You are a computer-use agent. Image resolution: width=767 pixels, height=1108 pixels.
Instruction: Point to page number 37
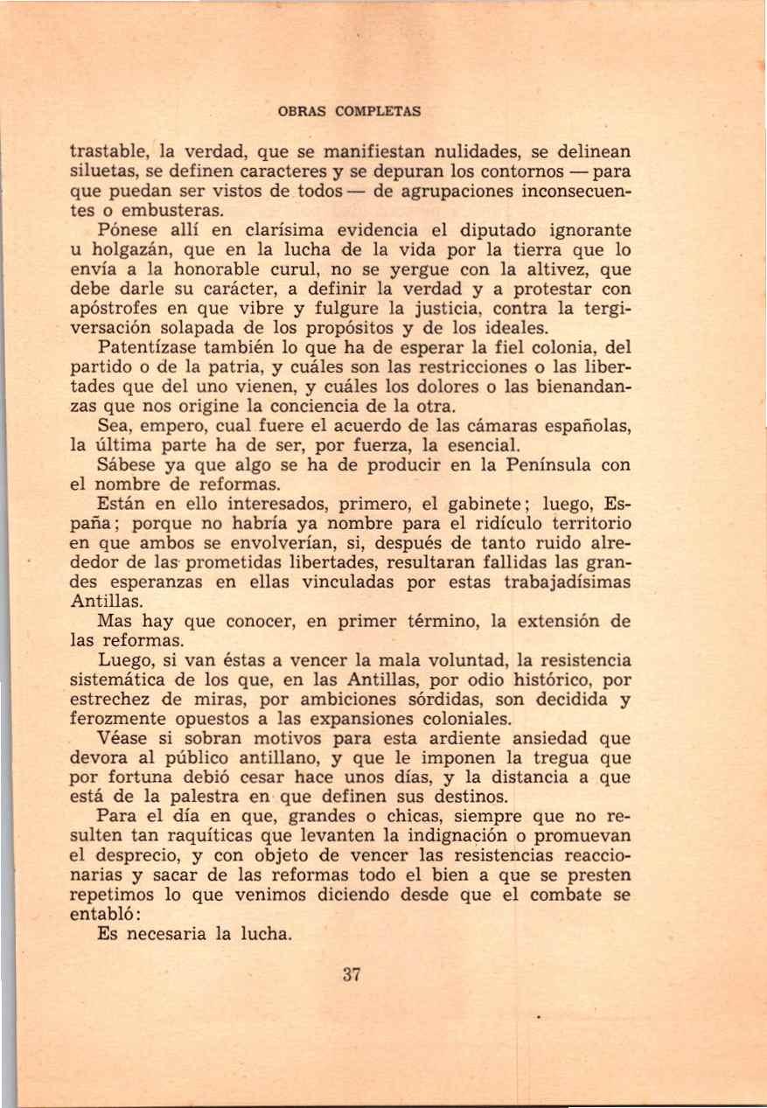point(352,976)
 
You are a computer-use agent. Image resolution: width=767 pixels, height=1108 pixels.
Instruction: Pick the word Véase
point(123,738)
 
